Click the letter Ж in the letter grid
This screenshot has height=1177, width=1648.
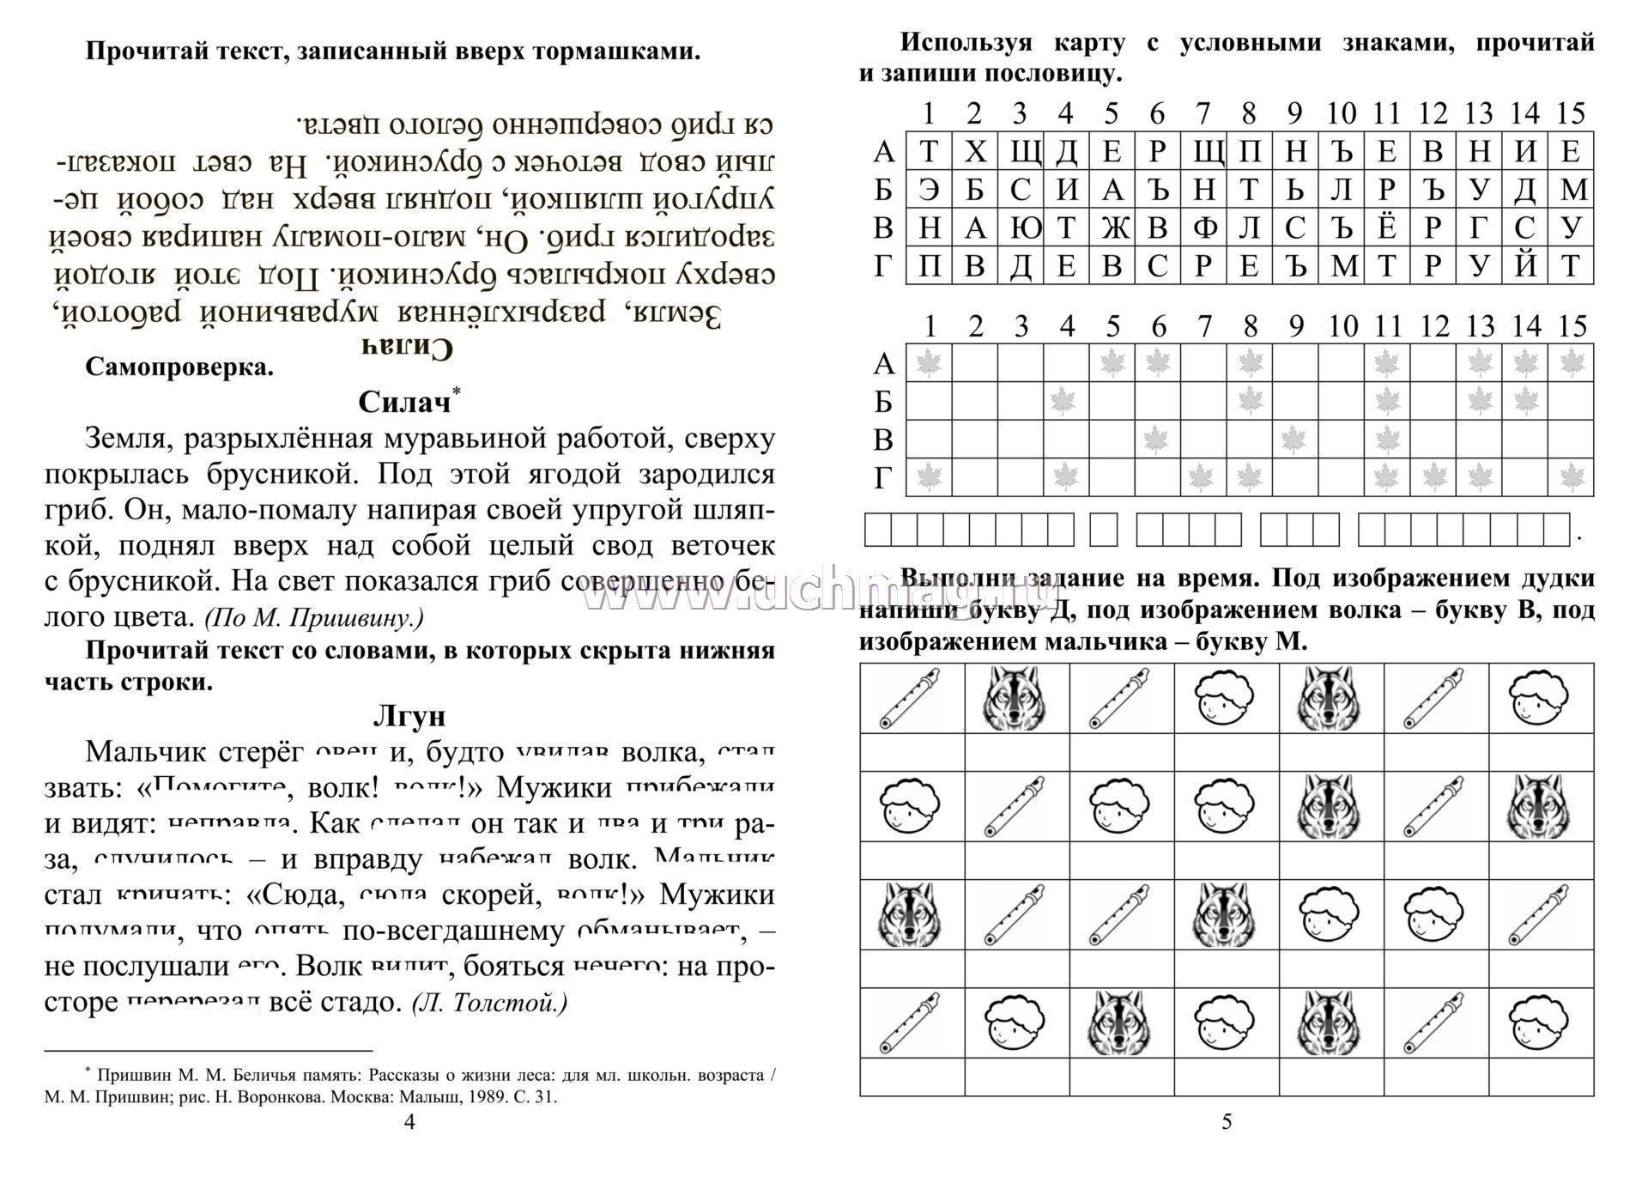(1112, 228)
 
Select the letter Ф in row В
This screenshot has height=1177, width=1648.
(1203, 228)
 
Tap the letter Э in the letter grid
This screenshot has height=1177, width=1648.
(929, 190)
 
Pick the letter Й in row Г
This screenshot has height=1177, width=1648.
(1524, 265)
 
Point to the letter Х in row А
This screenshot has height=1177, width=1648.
(974, 152)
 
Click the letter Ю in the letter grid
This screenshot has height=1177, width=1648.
(1020, 228)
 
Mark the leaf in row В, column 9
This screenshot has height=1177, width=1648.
(1294, 440)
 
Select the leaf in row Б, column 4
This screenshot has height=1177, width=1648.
(1065, 401)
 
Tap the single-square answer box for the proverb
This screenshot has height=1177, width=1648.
(1104, 530)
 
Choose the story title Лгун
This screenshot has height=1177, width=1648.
(409, 715)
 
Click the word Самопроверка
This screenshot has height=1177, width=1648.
(179, 367)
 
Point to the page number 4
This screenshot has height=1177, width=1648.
(409, 1121)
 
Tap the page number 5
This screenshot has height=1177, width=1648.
(1227, 1121)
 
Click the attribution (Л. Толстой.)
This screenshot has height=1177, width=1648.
(489, 1003)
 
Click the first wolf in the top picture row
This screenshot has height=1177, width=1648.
(1017, 697)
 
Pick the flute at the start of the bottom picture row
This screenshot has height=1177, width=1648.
(912, 1022)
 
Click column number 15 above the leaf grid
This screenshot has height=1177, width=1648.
(1572, 326)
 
